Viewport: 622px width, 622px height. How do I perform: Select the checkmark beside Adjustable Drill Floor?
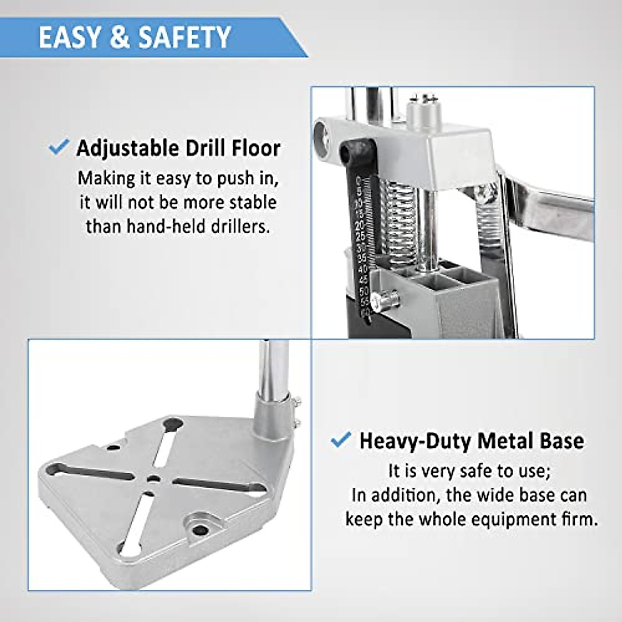click(x=58, y=147)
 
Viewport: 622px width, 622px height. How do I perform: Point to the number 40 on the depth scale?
click(x=363, y=268)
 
